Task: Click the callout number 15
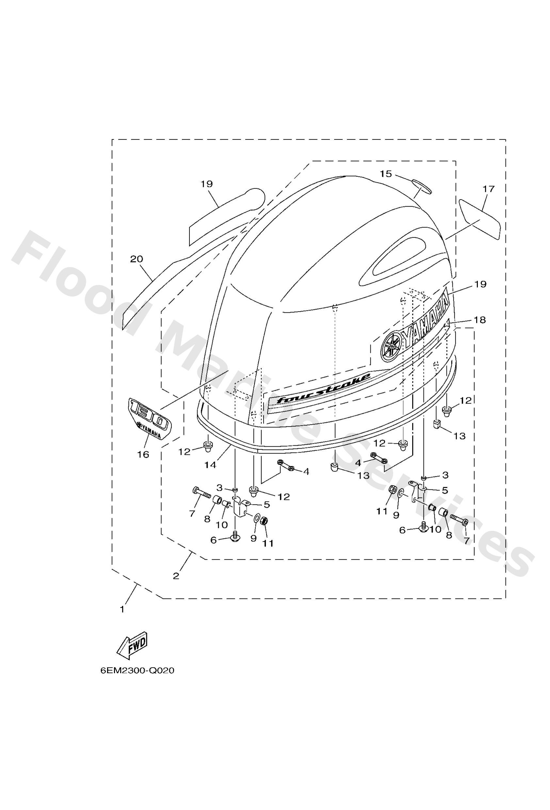click(x=386, y=174)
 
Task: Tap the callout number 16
click(x=143, y=454)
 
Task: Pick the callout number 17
click(x=488, y=189)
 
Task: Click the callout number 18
click(x=480, y=320)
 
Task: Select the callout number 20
click(x=137, y=259)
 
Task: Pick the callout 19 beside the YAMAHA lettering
click(x=480, y=284)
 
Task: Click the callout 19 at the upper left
click(x=207, y=184)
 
